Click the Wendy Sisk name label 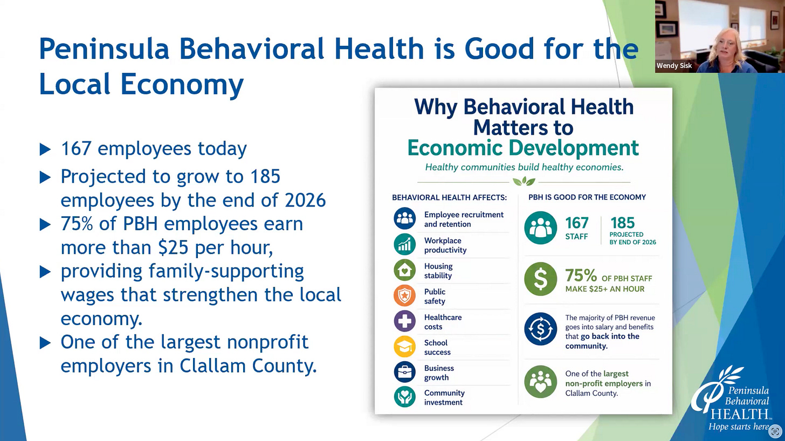(x=674, y=66)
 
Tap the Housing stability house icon (x=404, y=270)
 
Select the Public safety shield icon (x=404, y=296)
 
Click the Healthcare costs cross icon (x=404, y=321)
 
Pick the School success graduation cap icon (x=404, y=347)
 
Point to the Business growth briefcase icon (x=404, y=372)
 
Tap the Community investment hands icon (x=404, y=397)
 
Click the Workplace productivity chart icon (x=404, y=244)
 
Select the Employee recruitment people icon (x=404, y=218)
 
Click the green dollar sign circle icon (x=540, y=279)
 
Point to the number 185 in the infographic (x=622, y=223)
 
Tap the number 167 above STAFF (x=577, y=223)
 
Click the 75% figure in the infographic (x=581, y=276)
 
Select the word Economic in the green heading (x=455, y=148)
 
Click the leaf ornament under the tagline (x=524, y=181)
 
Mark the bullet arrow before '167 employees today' (x=45, y=149)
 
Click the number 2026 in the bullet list (x=305, y=200)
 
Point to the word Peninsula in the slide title (x=104, y=49)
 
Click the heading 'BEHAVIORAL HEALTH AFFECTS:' (x=449, y=198)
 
